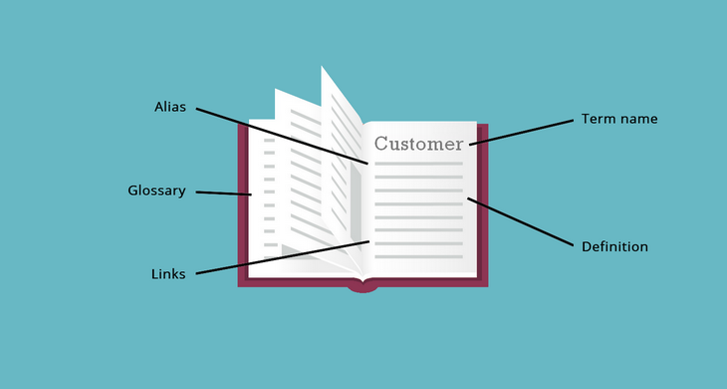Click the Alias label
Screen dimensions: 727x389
[x=169, y=106]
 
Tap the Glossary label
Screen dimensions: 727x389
[x=156, y=191]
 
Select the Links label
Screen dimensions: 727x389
[x=168, y=274]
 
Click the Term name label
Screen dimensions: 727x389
[x=619, y=119]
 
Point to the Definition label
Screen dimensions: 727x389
[x=614, y=246]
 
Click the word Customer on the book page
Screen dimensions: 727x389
[x=418, y=144]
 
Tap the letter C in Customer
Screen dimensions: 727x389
[x=381, y=144]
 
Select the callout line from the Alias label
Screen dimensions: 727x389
[x=279, y=135]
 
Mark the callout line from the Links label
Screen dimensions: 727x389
[x=279, y=257]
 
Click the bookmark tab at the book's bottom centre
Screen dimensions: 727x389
[x=363, y=287]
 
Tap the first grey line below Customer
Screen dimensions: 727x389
[x=418, y=164]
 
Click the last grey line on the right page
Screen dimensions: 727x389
[x=418, y=257]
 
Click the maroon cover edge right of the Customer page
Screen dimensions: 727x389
[x=483, y=199]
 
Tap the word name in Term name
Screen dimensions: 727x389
[x=639, y=119]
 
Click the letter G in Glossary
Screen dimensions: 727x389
[x=133, y=191]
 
